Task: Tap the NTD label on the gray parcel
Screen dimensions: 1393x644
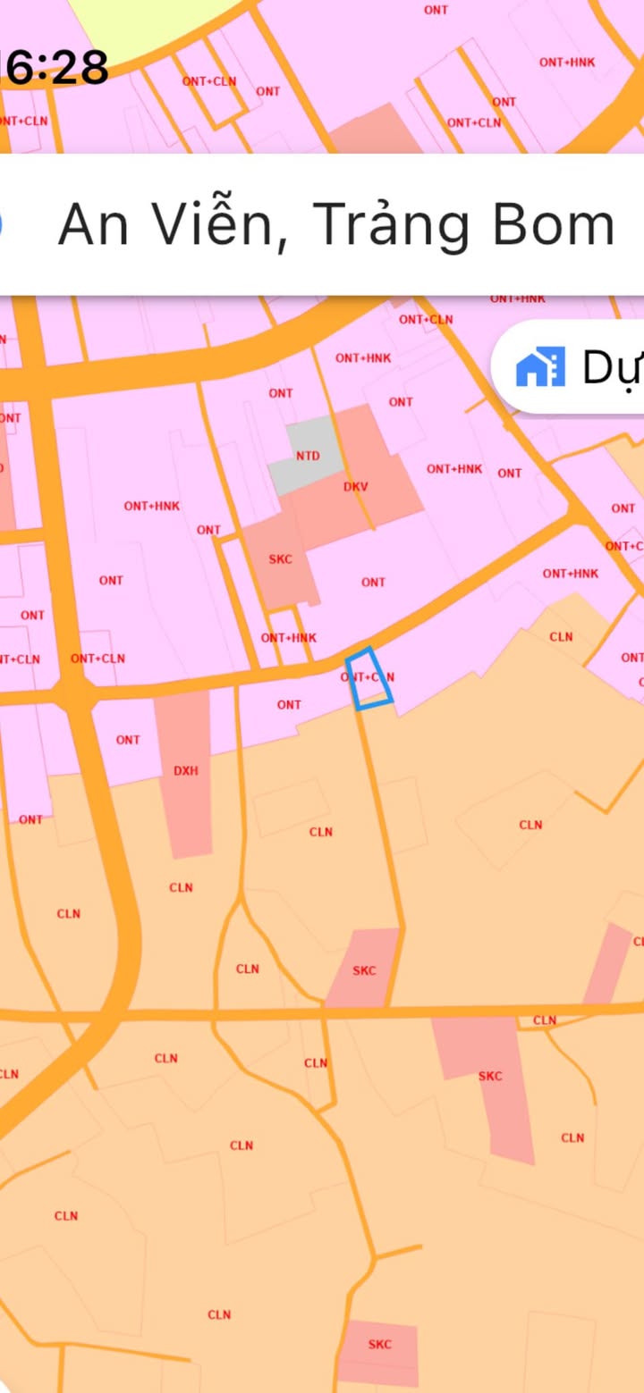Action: (x=308, y=456)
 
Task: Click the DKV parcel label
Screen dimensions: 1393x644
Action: (x=356, y=487)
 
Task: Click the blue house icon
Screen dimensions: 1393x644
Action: (x=540, y=367)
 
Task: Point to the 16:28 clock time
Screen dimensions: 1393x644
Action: (x=54, y=67)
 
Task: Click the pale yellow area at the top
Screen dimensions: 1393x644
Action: (x=134, y=22)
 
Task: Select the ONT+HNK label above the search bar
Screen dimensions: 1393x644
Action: (x=567, y=63)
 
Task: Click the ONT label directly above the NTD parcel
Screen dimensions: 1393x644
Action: (x=281, y=393)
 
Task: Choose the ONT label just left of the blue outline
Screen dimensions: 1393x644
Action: (x=289, y=705)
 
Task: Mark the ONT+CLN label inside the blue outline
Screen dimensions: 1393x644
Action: (x=368, y=677)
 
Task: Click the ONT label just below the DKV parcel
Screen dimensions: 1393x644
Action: (x=373, y=583)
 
